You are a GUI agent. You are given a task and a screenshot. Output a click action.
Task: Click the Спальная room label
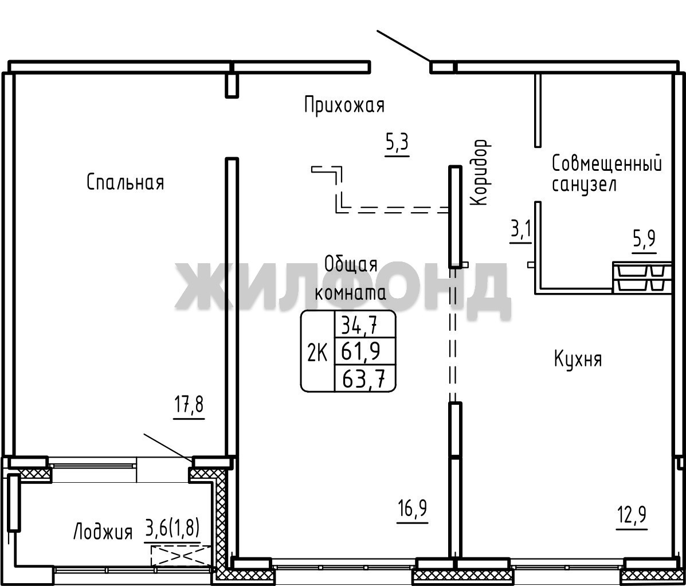tap(126, 182)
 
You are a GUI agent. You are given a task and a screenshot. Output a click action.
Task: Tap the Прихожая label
tap(344, 106)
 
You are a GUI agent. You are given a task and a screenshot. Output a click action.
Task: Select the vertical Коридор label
tap(479, 173)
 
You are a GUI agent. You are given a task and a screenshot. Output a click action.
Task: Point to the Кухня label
tap(578, 360)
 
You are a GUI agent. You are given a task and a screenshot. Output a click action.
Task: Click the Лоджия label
tap(103, 532)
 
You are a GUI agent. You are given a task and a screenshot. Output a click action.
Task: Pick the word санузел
tap(584, 184)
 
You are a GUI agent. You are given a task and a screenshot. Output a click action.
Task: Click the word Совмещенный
tap(606, 164)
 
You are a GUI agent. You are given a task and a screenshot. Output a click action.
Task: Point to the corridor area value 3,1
tap(520, 230)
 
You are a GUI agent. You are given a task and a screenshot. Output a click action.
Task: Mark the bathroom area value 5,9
tap(644, 240)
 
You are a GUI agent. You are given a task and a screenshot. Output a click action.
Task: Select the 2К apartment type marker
tap(317, 353)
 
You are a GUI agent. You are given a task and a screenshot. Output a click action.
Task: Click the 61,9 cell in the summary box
tap(360, 351)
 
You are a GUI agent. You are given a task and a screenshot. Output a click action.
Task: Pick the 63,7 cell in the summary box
tap(364, 378)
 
